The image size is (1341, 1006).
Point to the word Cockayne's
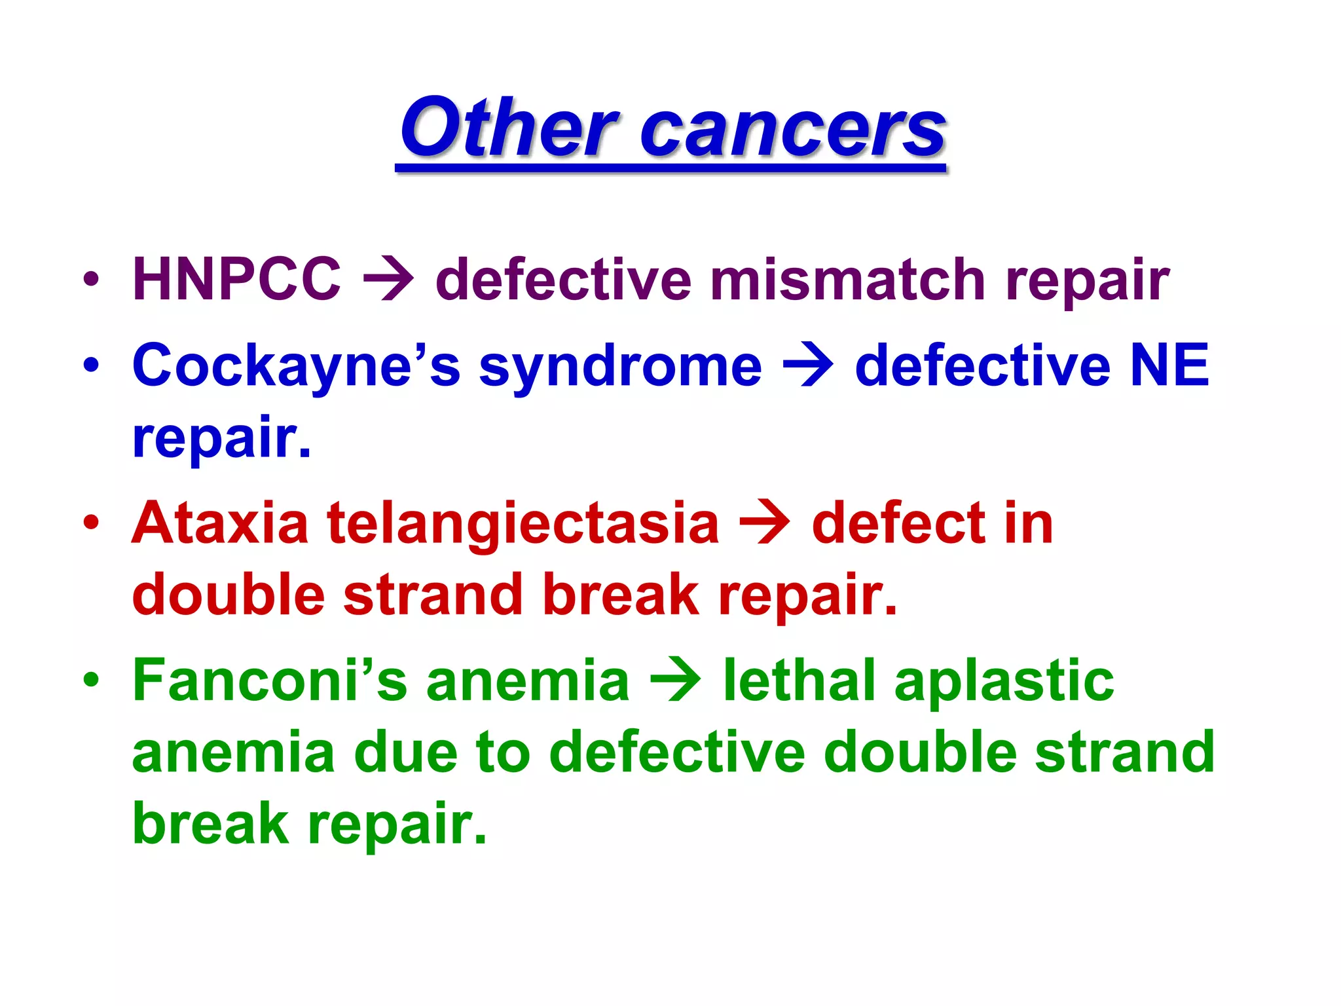coord(296,367)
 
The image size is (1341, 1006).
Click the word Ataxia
coord(220,523)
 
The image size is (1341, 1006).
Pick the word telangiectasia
coord(523,525)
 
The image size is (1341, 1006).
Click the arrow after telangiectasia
coord(764,523)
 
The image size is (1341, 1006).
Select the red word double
coord(229,595)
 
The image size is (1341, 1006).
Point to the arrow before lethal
coord(675,681)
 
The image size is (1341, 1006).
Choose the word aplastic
coord(1004,683)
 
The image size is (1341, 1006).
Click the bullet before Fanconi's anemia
coord(91,681)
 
